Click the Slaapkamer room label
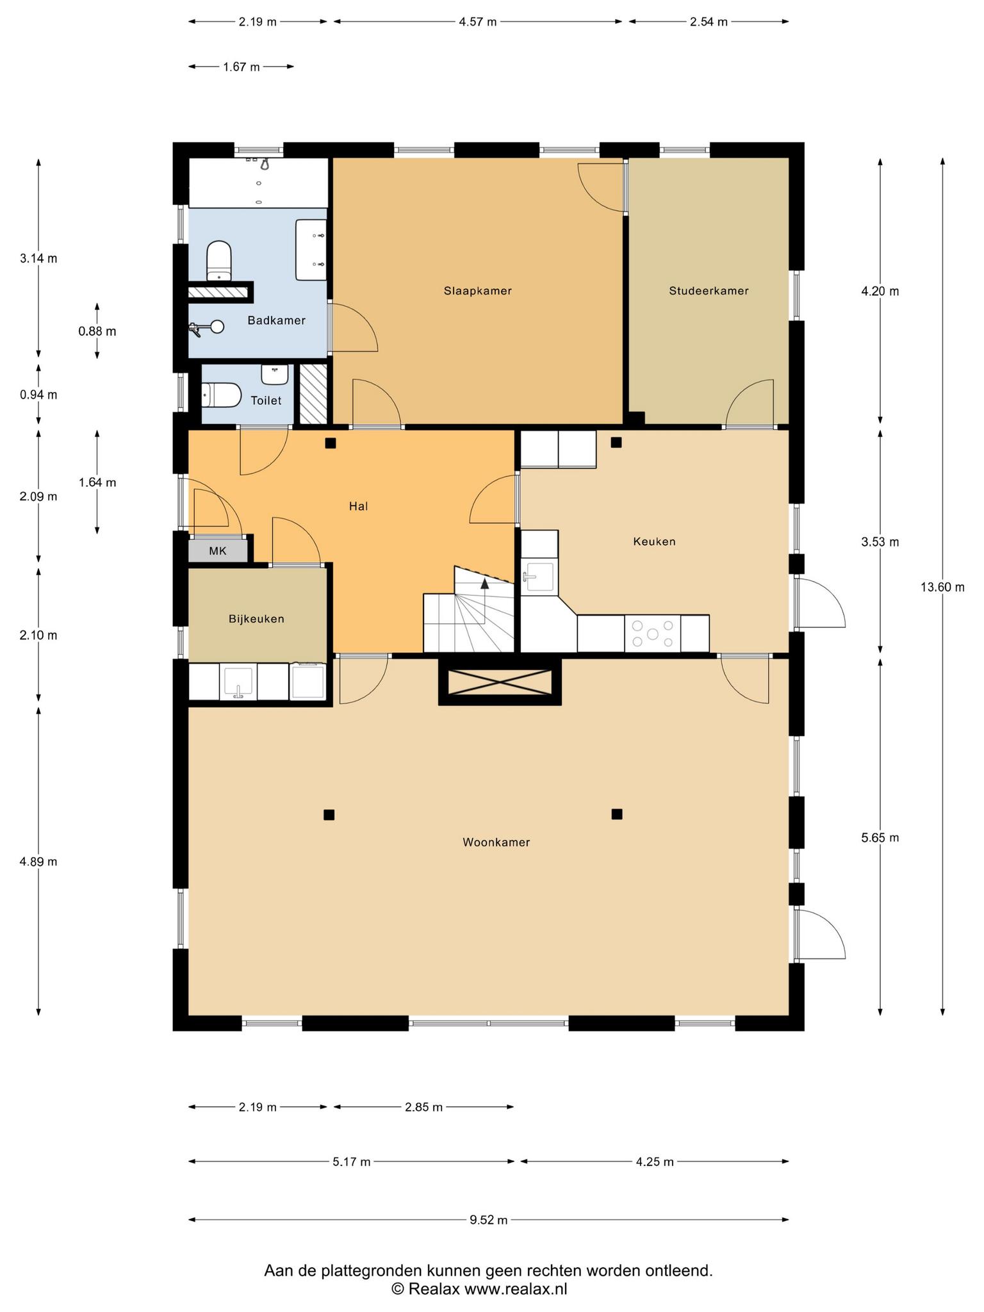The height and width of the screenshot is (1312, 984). [x=478, y=291]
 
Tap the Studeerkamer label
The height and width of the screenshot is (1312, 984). [x=709, y=291]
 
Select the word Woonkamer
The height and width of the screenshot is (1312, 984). [x=496, y=842]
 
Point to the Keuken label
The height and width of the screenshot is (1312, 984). [x=654, y=541]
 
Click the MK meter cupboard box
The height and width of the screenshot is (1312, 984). [x=218, y=551]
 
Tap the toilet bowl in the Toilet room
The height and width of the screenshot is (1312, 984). [x=221, y=395]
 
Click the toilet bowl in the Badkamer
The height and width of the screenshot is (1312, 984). [x=219, y=261]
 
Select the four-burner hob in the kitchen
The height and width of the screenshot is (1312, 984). [x=653, y=634]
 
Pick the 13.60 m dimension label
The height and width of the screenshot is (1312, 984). [x=942, y=587]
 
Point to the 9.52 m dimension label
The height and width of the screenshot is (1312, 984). [x=489, y=1220]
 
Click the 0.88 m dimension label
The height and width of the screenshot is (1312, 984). [x=97, y=331]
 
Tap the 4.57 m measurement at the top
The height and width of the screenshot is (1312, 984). [x=478, y=22]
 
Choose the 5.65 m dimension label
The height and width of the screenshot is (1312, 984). [x=880, y=837]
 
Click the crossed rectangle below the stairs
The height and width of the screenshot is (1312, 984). [x=500, y=682]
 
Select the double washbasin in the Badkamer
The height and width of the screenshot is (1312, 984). [x=311, y=250]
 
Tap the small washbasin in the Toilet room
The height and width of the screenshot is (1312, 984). [x=275, y=374]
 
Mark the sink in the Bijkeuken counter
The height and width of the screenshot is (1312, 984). [x=238, y=682]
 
